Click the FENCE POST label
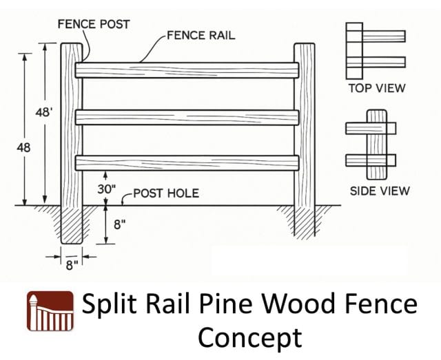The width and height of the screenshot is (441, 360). coord(93,24)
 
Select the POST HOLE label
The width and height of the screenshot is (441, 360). coord(166,193)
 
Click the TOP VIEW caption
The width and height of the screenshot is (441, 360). coord(376,88)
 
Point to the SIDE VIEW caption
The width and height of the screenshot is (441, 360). coord(379,190)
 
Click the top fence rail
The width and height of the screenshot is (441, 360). coord(187,70)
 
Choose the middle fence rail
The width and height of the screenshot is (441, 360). coord(187,117)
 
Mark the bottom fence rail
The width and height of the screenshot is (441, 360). coord(187,162)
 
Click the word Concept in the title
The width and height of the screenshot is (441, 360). coord(249,337)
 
